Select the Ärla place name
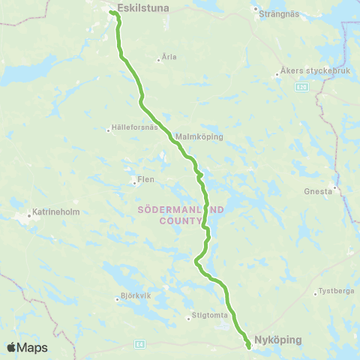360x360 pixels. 169,57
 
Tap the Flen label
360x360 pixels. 145,180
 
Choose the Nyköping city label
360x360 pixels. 277,340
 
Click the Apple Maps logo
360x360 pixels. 27,347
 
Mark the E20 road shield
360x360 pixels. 301,88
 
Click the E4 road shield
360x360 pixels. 139,344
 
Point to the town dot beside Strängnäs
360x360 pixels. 256,10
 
